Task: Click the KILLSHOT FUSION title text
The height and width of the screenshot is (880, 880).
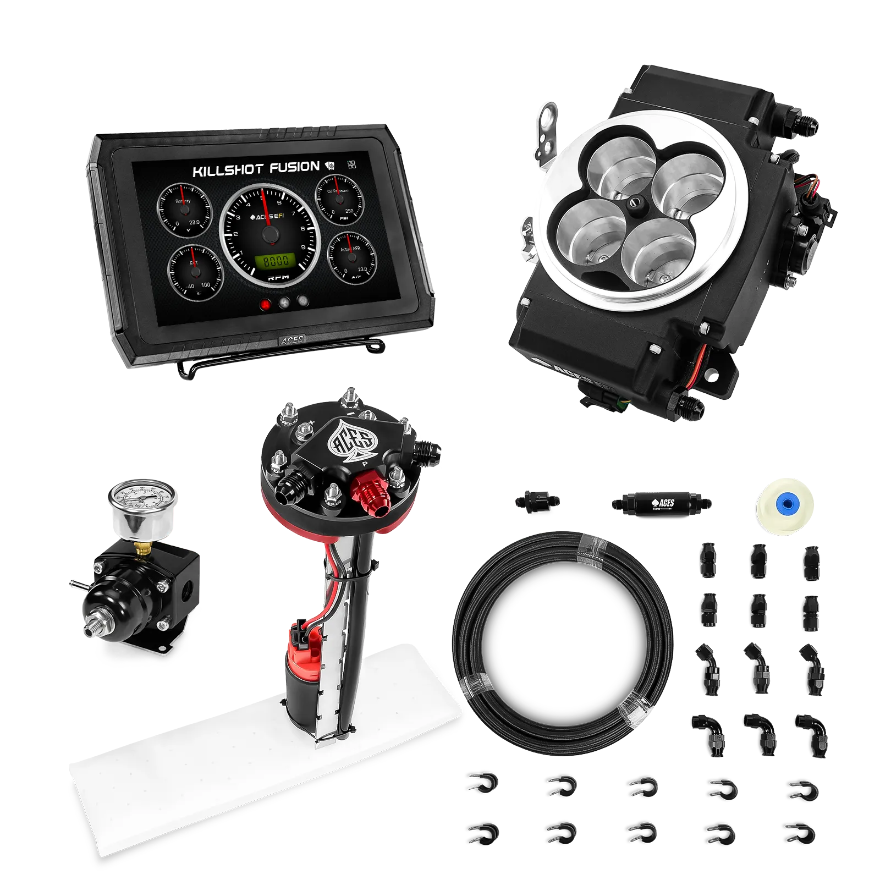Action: pyautogui.click(x=255, y=169)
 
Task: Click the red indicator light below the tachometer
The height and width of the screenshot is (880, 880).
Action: pyautogui.click(x=267, y=302)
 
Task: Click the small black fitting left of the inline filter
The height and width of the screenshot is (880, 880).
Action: pyautogui.click(x=538, y=501)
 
